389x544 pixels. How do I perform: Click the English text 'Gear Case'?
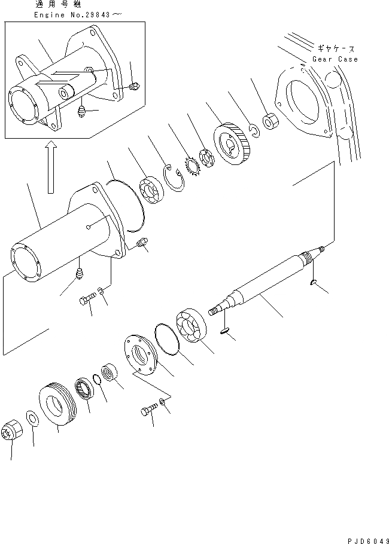pyautogui.click(x=335, y=59)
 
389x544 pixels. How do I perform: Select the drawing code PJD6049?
pyautogui.click(x=368, y=538)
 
